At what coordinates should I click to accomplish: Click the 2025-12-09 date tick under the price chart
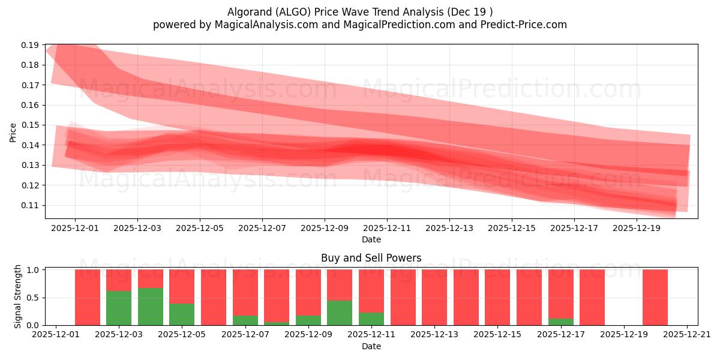325,228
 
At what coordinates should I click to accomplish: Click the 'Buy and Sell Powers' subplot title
371,258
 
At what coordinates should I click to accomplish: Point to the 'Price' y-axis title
13,132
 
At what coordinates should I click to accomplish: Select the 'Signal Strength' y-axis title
18,296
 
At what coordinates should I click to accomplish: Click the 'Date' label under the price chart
371,239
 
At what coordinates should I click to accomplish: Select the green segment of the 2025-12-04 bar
151,307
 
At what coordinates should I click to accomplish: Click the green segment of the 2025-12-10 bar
340,313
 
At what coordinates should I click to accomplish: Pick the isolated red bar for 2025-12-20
655,297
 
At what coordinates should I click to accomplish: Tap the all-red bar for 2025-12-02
88,297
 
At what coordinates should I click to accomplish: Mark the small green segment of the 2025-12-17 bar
560,322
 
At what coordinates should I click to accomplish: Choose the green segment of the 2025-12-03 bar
119,308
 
